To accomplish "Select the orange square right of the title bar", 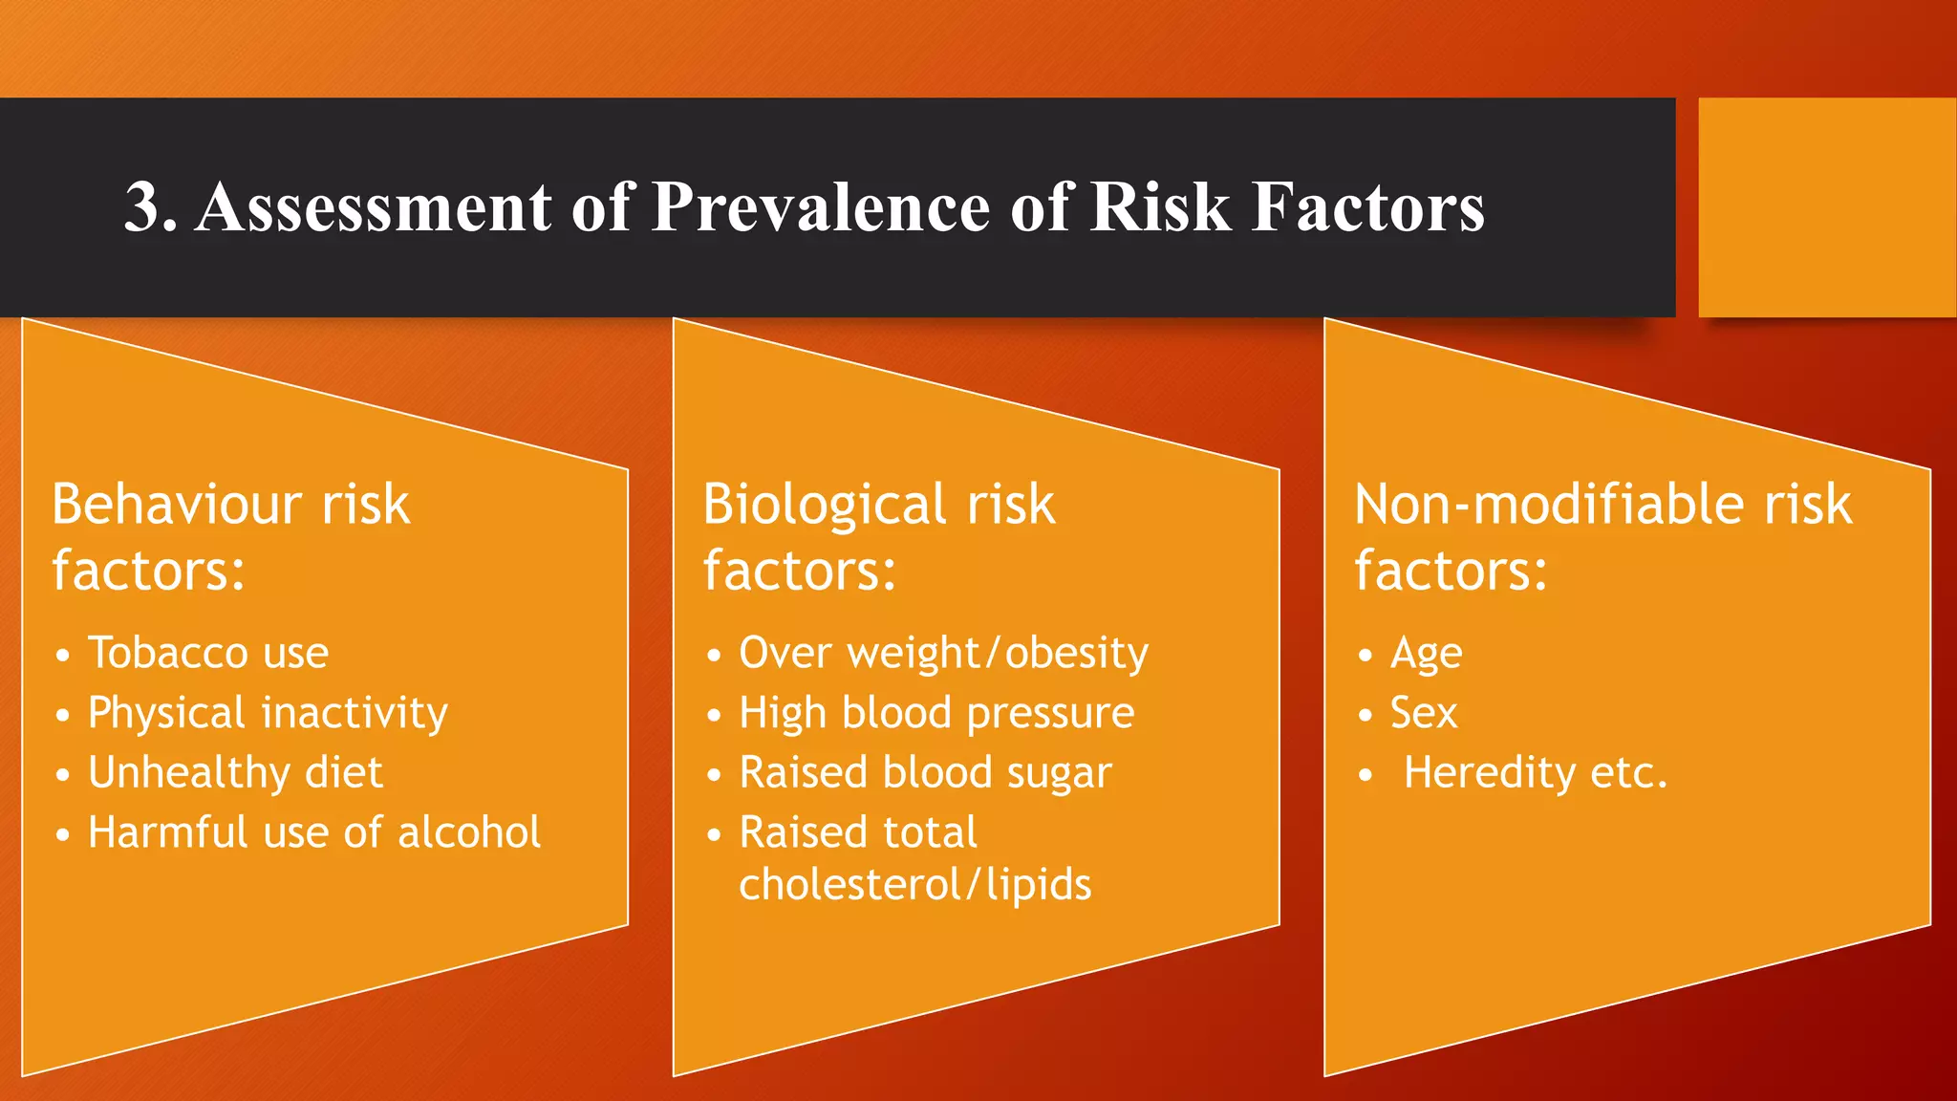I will pos(1826,207).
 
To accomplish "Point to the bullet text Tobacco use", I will pos(208,653).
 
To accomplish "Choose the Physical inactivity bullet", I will pos(268,713).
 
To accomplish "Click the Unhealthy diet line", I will pos(235,772).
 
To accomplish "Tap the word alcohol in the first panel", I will pos(469,832).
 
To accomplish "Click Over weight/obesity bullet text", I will pos(943,653).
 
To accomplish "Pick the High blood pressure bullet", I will pos(936,713).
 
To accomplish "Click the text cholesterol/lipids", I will pos(914,884).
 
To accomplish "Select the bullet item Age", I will pos(1426,654).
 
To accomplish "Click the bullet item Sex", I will pos(1424,713).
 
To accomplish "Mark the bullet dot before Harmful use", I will pos(63,834).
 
